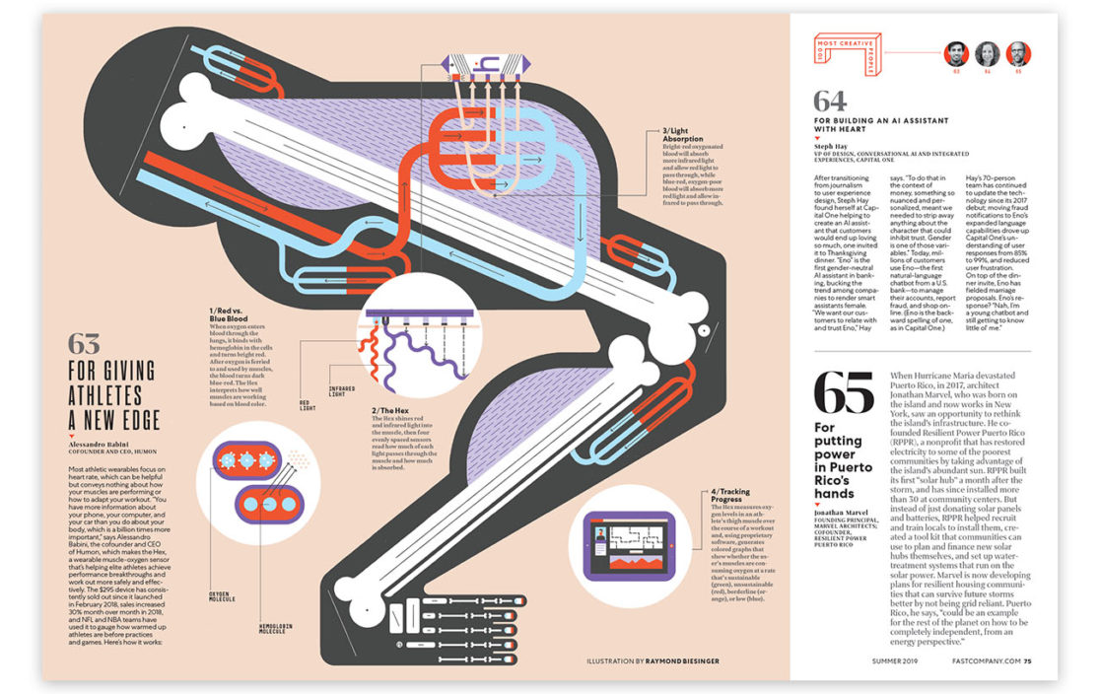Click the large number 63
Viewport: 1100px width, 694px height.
pos(84,344)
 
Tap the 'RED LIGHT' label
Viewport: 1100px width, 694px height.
pos(309,405)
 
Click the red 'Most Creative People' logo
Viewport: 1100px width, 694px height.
pos(844,52)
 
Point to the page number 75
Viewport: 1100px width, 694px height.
pos(1027,661)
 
